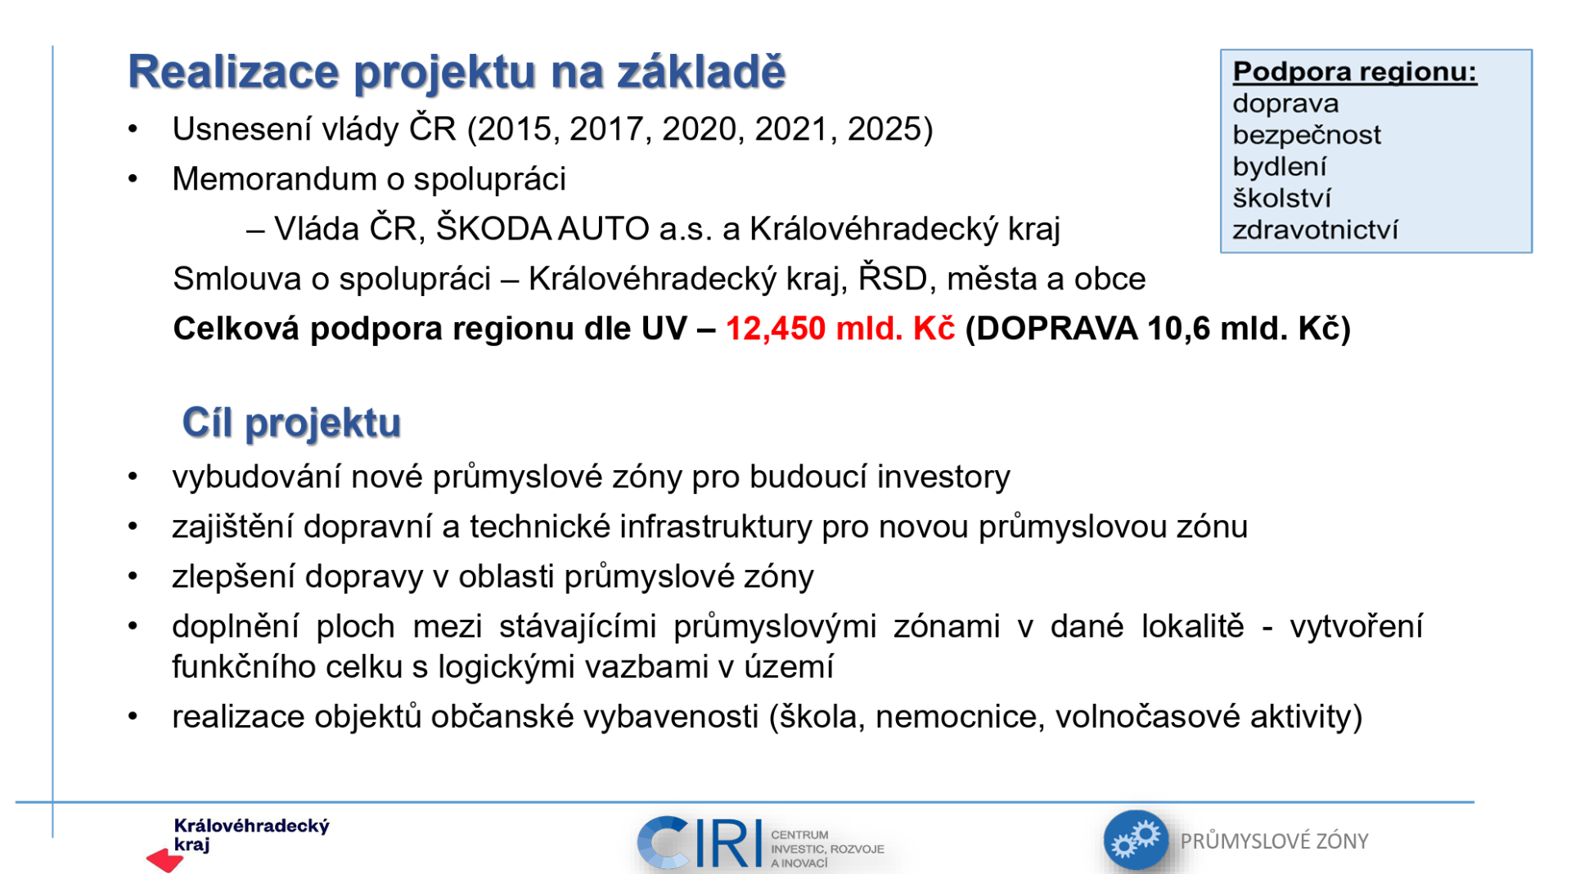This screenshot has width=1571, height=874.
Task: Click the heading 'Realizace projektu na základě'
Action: click(457, 72)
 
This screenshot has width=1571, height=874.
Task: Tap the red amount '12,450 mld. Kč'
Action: click(840, 329)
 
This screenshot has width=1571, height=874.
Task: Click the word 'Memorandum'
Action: click(274, 179)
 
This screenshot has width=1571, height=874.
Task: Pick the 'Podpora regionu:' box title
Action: click(1355, 72)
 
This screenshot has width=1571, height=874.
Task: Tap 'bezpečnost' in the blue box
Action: click(1307, 135)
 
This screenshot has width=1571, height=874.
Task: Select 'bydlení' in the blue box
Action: click(1279, 167)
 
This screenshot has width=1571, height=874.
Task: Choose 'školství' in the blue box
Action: click(1282, 199)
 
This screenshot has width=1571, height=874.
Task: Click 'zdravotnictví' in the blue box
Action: click(1315, 230)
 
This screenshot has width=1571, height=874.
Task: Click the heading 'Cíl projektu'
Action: click(291, 423)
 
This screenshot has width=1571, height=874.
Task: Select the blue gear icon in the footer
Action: click(1136, 840)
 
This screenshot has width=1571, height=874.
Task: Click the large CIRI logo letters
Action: click(700, 842)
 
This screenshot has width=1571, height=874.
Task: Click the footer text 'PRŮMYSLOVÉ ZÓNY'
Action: click(1274, 841)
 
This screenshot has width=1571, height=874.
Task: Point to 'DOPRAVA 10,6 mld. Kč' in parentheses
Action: click(1158, 329)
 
